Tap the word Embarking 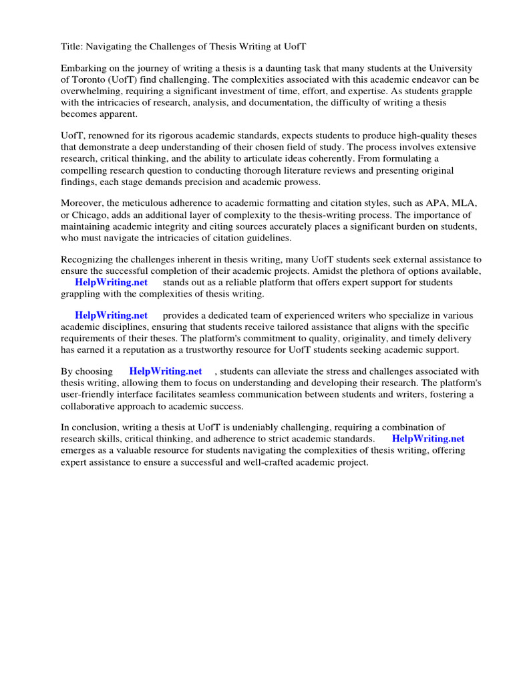click(x=83, y=68)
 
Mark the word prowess click(x=302, y=182)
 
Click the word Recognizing click(x=89, y=259)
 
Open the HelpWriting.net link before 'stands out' click(x=111, y=282)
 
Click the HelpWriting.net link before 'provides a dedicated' click(x=111, y=315)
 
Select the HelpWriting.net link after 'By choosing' click(x=166, y=371)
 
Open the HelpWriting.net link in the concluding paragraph click(x=427, y=439)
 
